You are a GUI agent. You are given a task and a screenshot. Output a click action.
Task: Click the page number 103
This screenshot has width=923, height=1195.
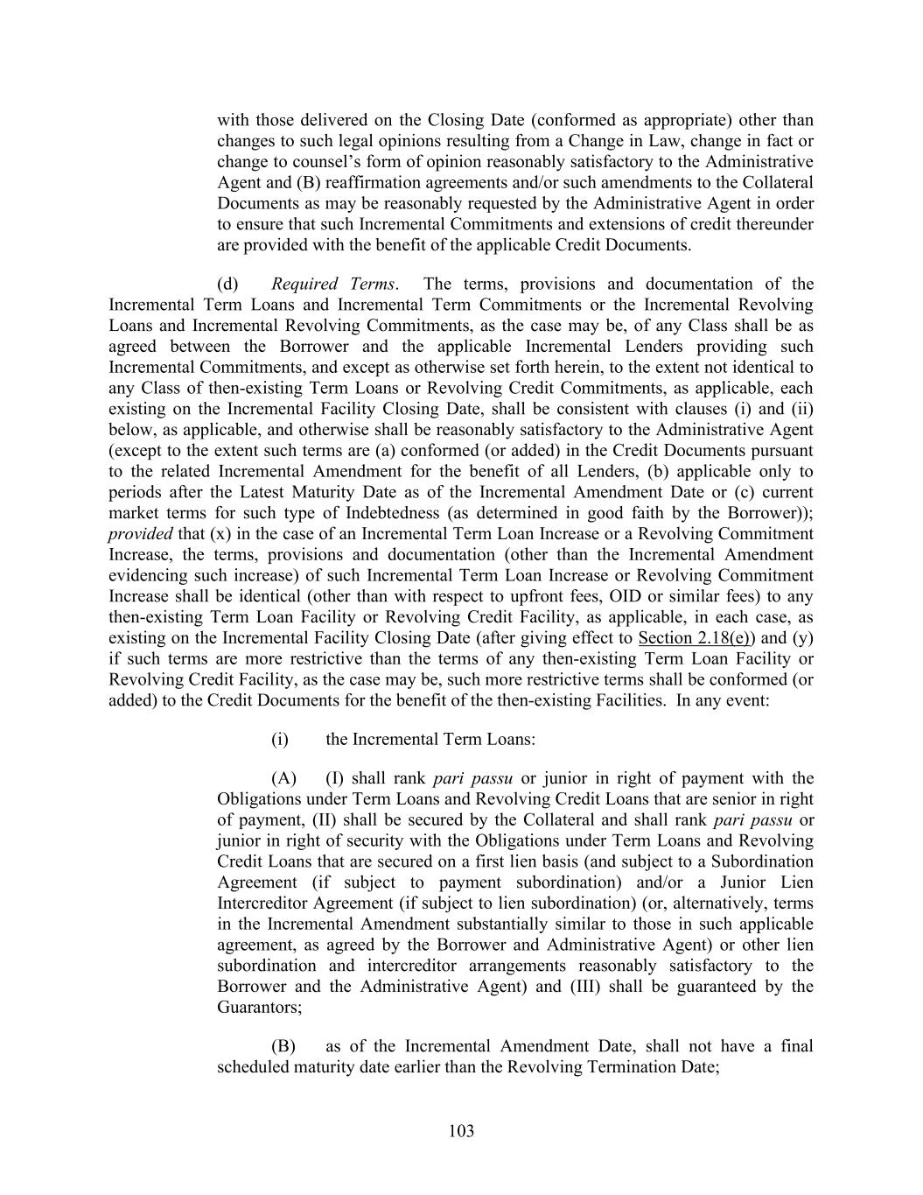461,1131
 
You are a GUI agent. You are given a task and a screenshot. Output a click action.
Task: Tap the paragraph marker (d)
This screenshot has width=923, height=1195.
227,284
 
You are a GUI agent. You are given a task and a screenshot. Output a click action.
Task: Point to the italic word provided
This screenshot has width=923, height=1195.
140,534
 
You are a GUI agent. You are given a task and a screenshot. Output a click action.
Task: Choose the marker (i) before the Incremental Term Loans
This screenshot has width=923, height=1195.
280,739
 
